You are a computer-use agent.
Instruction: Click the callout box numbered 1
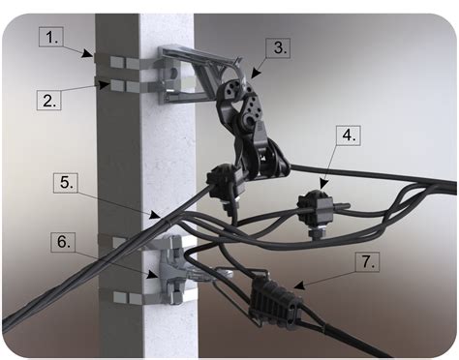(51, 38)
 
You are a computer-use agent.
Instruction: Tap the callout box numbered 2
(49, 101)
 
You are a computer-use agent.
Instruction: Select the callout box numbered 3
(278, 48)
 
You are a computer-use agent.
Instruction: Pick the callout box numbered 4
(349, 135)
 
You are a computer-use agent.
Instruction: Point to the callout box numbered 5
(66, 183)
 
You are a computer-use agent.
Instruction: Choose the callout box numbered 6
(63, 242)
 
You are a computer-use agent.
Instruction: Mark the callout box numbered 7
(367, 262)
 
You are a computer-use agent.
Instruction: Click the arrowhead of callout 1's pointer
(87, 53)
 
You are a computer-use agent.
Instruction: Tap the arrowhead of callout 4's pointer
(323, 184)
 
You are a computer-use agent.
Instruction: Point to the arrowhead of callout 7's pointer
(300, 286)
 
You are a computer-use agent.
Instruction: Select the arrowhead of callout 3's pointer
(256, 74)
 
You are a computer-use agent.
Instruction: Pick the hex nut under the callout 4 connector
(315, 233)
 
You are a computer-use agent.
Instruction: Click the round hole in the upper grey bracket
(173, 74)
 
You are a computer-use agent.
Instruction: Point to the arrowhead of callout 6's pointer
(153, 275)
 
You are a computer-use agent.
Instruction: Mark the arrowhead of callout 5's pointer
(154, 216)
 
